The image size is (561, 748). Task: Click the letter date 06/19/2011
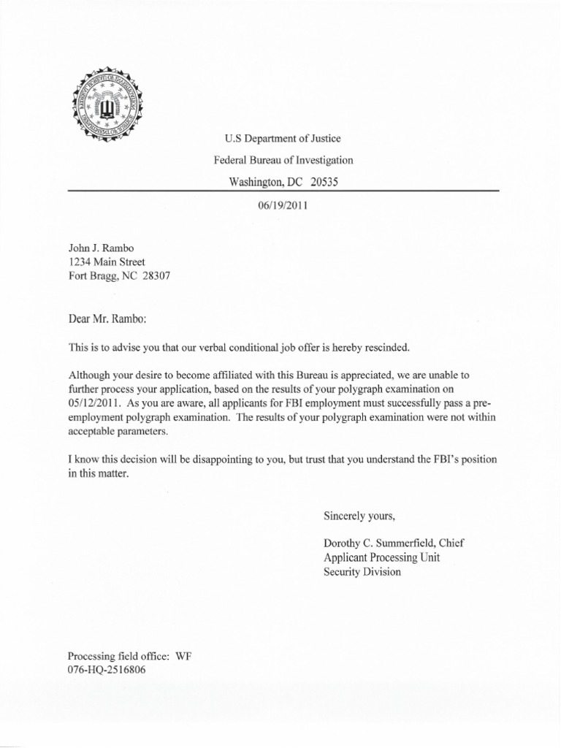pos(283,205)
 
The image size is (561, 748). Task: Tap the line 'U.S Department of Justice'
pos(282,138)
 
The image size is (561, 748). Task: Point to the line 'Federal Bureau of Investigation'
pos(283,159)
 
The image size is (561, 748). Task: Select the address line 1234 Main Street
pos(106,262)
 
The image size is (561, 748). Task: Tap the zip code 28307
pos(160,275)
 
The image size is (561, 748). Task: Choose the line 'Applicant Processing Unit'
pos(381,557)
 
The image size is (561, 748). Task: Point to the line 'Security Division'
pos(362,572)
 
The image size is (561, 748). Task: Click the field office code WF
pos(183,656)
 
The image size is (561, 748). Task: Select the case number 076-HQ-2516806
pos(107,670)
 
